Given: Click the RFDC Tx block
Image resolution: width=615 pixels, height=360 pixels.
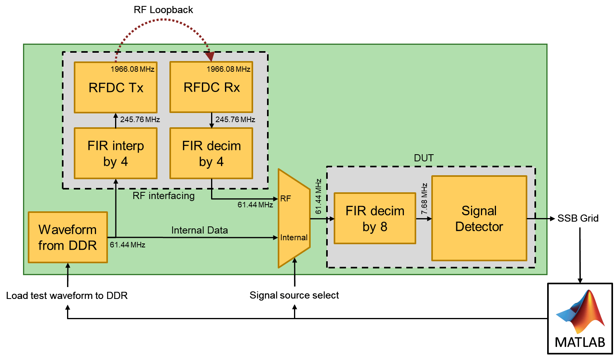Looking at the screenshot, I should tap(115, 87).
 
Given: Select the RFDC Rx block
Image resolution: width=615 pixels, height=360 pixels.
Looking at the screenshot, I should tap(211, 87).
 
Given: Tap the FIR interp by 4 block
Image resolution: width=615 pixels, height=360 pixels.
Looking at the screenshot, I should tap(115, 153).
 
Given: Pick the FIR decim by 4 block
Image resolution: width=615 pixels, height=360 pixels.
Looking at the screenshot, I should tap(211, 153).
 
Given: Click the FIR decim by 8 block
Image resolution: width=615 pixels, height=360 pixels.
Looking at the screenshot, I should tap(375, 218).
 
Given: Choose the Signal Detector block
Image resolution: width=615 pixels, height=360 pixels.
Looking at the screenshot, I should tap(479, 218).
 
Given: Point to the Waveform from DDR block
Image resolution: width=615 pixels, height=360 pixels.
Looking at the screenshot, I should tap(67, 237).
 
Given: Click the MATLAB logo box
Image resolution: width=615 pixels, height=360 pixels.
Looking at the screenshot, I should tap(580, 318).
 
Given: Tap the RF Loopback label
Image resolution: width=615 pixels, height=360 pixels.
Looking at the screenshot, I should tap(163, 10).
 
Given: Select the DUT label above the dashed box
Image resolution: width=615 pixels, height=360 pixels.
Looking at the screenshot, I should tap(423, 158).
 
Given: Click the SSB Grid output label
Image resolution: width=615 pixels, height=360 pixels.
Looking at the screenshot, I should tap(578, 218).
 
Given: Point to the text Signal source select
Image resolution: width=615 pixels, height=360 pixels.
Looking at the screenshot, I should tap(294, 295).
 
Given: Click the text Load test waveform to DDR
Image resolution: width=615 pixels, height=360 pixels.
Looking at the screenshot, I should tap(67, 296).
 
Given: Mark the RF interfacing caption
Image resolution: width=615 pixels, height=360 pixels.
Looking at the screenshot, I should tap(163, 196).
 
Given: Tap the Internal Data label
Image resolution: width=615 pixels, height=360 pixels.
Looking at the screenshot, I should tap(199, 230).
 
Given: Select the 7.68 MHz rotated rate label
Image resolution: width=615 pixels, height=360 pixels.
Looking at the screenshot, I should tap(424, 199).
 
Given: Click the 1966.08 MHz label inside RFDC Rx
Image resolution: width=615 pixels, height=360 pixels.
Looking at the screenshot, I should tap(228, 69).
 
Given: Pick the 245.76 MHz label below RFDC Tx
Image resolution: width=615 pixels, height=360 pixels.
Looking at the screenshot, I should tap(140, 120).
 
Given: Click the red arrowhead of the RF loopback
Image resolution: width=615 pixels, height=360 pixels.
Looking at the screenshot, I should tap(210, 57).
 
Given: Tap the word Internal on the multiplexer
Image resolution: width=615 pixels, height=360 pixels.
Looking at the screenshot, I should tap(294, 237).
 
